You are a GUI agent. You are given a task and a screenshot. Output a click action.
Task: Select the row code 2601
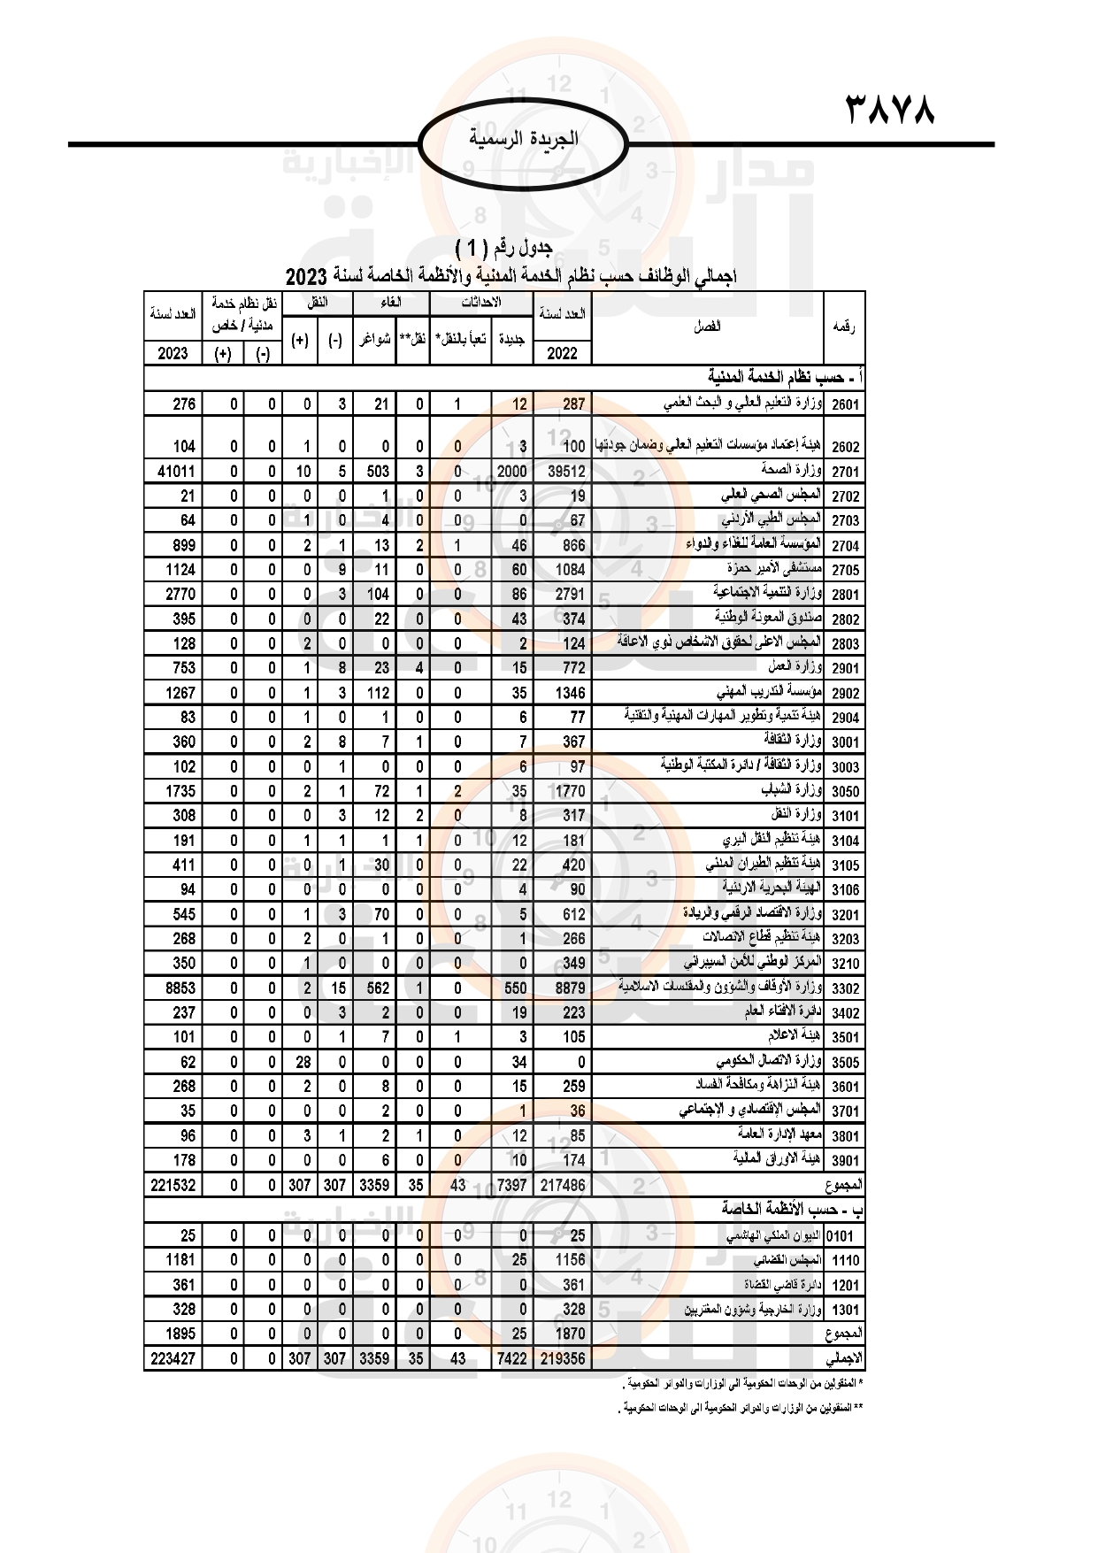pos(844,404)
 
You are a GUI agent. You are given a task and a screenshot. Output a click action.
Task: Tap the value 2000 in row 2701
pos(511,472)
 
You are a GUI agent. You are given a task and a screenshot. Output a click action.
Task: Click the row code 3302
pos(844,988)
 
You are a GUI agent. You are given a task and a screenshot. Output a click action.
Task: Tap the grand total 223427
pos(173,1358)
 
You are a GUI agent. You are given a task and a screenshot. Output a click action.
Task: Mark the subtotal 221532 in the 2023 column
pos(173,1185)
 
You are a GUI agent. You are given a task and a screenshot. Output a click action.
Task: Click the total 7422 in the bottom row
pos(511,1358)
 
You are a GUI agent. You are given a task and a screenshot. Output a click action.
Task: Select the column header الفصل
pos(707,327)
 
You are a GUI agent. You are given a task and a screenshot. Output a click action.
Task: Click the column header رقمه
pos(842,327)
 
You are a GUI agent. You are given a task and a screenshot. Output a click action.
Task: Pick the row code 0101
pos(841,1236)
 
